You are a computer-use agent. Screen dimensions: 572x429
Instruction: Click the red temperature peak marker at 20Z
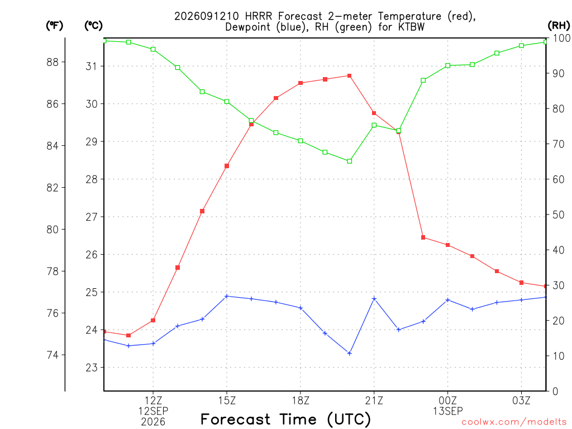point(349,76)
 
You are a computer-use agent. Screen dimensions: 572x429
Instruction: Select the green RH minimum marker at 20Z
point(349,161)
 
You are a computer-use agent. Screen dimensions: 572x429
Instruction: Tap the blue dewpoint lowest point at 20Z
point(349,354)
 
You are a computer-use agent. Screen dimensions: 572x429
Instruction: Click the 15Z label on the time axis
point(227,401)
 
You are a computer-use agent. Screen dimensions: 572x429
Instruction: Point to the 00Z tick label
point(447,401)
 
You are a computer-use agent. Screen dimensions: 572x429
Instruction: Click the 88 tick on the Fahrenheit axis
point(53,63)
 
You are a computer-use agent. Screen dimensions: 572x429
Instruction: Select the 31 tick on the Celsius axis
point(92,66)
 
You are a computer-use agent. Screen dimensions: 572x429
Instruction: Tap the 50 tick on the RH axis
point(558,215)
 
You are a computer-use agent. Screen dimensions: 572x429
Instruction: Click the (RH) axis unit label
point(559,25)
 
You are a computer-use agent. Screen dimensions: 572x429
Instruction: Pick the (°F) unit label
point(54,26)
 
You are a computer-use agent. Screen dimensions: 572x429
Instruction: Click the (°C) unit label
point(93,26)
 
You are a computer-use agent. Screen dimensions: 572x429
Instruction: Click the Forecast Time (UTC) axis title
point(285,419)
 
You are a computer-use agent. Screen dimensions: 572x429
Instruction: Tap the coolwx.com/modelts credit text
point(514,422)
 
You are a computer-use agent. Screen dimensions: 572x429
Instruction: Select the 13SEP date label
point(447,411)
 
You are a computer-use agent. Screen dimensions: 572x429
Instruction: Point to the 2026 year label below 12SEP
point(153,422)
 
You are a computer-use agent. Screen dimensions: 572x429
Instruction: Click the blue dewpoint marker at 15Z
point(227,296)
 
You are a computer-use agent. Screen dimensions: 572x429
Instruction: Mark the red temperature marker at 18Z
point(301,83)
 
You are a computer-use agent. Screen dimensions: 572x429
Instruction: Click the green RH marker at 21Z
point(374,125)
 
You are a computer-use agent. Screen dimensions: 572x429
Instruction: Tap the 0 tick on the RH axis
point(555,392)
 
